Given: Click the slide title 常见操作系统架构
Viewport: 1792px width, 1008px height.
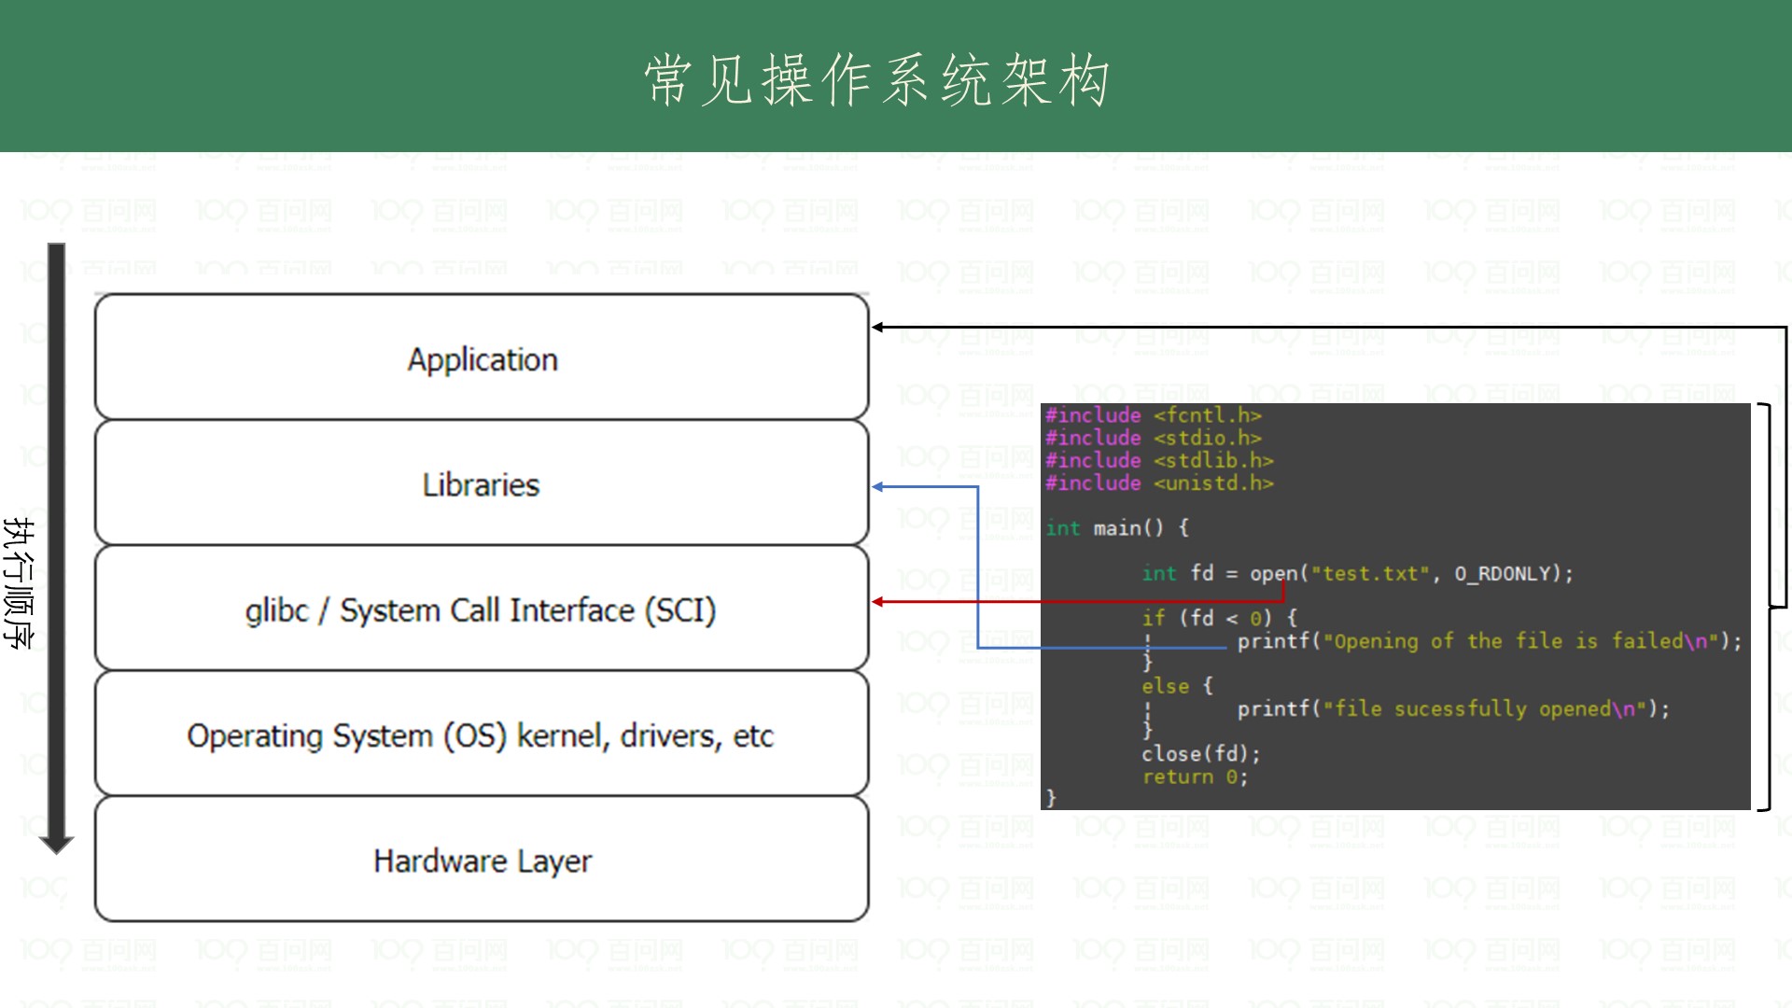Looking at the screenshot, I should pyautogui.click(x=876, y=79).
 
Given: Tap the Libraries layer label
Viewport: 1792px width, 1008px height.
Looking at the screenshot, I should pyautogui.click(x=481, y=485).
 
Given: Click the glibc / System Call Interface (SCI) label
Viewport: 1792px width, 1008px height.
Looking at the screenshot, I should pyautogui.click(x=481, y=610).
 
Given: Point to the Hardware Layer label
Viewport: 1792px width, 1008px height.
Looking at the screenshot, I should pyautogui.click(x=482, y=861).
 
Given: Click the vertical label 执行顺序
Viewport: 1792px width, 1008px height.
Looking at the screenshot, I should pyautogui.click(x=19, y=583).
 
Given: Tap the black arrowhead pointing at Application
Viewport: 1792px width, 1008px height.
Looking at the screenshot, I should pyautogui.click(x=878, y=328).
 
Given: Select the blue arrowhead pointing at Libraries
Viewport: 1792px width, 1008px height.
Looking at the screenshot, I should pyautogui.click(x=878, y=487).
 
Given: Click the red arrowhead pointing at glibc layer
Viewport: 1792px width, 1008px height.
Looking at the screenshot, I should pyautogui.click(x=878, y=602).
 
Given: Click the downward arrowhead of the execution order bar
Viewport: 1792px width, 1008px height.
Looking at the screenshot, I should pyautogui.click(x=56, y=844).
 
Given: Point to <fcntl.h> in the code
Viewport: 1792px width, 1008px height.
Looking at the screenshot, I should pyautogui.click(x=1207, y=415).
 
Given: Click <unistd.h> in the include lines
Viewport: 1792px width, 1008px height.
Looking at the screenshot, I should pyautogui.click(x=1212, y=483).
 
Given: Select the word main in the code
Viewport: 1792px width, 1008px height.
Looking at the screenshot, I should pyautogui.click(x=1116, y=528).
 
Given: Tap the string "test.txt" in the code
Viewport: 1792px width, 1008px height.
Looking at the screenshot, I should pyautogui.click(x=1370, y=574).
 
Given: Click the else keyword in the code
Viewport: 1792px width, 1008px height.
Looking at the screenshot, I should pyautogui.click(x=1165, y=687).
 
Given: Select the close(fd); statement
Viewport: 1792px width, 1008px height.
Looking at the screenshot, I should pyautogui.click(x=1200, y=754).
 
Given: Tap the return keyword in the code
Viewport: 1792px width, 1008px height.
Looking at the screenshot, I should pyautogui.click(x=1177, y=777).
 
